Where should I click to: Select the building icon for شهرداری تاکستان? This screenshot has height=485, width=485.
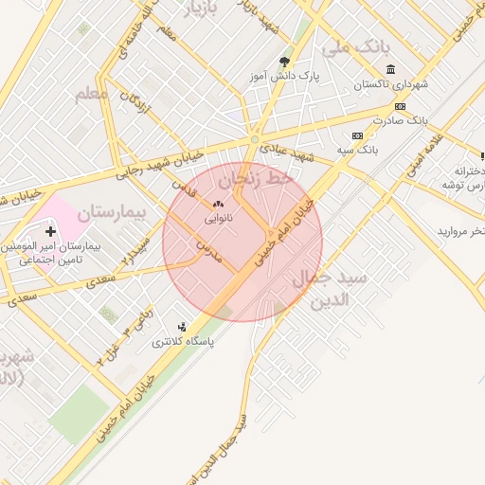[390, 69]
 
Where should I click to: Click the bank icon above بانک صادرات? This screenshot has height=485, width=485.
[401, 107]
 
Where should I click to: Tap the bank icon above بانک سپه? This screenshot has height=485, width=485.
[356, 135]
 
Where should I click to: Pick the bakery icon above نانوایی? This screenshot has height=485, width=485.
[218, 204]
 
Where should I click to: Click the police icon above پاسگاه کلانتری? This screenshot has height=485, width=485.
[182, 328]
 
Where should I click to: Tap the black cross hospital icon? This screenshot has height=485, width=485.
[50, 231]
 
